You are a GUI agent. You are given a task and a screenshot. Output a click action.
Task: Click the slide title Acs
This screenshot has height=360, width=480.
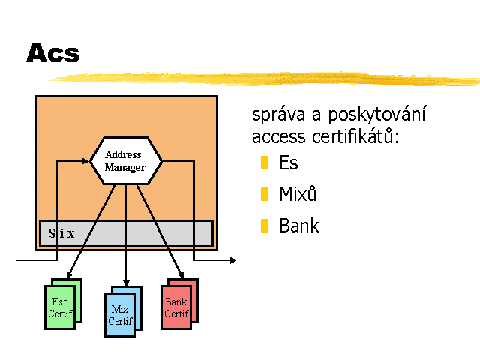tap(53, 52)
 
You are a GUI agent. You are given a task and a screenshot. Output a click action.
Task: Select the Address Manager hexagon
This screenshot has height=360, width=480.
tap(126, 161)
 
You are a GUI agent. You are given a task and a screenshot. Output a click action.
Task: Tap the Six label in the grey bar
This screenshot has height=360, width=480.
tap(61, 233)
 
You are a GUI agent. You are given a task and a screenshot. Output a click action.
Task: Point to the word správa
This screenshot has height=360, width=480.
tap(278, 115)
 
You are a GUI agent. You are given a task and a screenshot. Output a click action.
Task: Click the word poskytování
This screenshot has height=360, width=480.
tap(376, 114)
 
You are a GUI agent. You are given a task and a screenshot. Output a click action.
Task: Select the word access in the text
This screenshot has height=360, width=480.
tap(278, 136)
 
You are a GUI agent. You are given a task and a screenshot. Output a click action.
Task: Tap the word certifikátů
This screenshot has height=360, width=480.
tap(355, 136)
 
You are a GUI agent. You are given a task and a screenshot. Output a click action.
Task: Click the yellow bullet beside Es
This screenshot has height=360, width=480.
tap(264, 163)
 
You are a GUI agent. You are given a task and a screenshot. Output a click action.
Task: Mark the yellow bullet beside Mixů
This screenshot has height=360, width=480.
tap(264, 194)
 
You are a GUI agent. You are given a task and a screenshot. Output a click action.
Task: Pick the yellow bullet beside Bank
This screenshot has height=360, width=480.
tap(264, 226)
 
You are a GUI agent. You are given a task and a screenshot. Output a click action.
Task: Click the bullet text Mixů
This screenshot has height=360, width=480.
tap(298, 193)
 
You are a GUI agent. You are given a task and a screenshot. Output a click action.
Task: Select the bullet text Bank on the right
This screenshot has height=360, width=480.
tap(299, 226)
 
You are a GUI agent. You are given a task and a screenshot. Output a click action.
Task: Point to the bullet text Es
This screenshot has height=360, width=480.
tap(288, 163)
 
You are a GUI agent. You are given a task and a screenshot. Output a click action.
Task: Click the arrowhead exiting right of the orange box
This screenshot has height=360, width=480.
tap(233, 260)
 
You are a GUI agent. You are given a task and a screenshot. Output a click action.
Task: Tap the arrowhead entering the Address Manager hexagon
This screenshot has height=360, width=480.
tap(85, 161)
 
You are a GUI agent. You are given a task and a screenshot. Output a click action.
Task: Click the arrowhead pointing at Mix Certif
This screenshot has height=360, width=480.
tap(126, 283)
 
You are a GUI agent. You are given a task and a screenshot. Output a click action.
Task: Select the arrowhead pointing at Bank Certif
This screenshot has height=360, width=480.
tap(181, 274)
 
